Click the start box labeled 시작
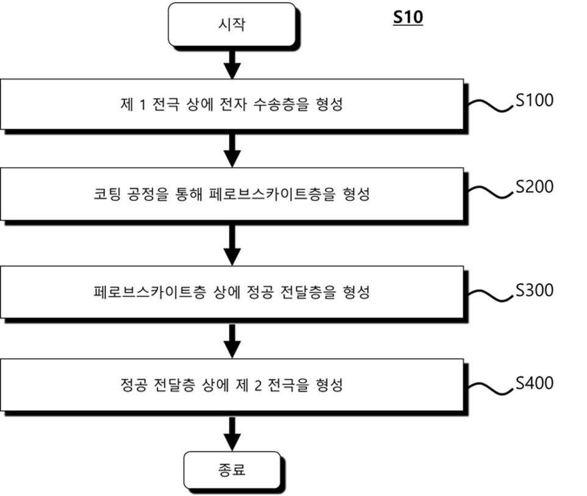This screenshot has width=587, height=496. click(x=232, y=24)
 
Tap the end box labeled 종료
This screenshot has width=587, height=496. click(x=232, y=470)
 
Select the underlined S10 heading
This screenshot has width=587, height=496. click(x=408, y=17)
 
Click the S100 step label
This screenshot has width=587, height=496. click(x=534, y=100)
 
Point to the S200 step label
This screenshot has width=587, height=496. click(x=534, y=187)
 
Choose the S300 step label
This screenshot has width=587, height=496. click(x=534, y=290)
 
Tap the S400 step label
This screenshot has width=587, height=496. click(x=534, y=383)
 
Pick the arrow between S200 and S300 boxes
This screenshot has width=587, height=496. click(x=232, y=245)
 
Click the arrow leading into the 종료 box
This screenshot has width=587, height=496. click(x=232, y=434)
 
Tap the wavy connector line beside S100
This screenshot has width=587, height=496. click(x=491, y=106)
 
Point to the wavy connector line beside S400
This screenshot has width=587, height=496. click(x=491, y=388)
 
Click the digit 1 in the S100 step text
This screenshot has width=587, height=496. click(x=142, y=105)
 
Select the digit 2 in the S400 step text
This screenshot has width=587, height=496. click(x=258, y=385)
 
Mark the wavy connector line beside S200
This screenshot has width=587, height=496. click(x=491, y=192)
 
